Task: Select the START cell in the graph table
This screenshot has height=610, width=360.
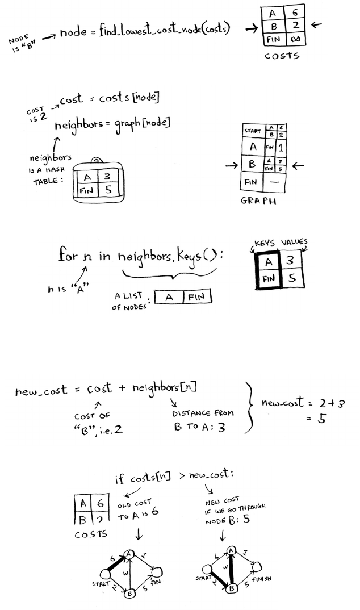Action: click(x=253, y=131)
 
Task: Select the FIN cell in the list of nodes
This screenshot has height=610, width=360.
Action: click(x=196, y=296)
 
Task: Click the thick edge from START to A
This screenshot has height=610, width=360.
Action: click(x=115, y=563)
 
